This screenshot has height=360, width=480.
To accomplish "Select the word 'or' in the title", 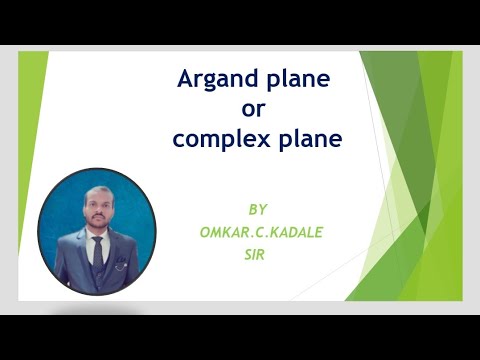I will pos(257,109).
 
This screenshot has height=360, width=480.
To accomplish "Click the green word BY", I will pos(259,210).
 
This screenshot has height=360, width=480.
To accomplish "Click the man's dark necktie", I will pos(97,251).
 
